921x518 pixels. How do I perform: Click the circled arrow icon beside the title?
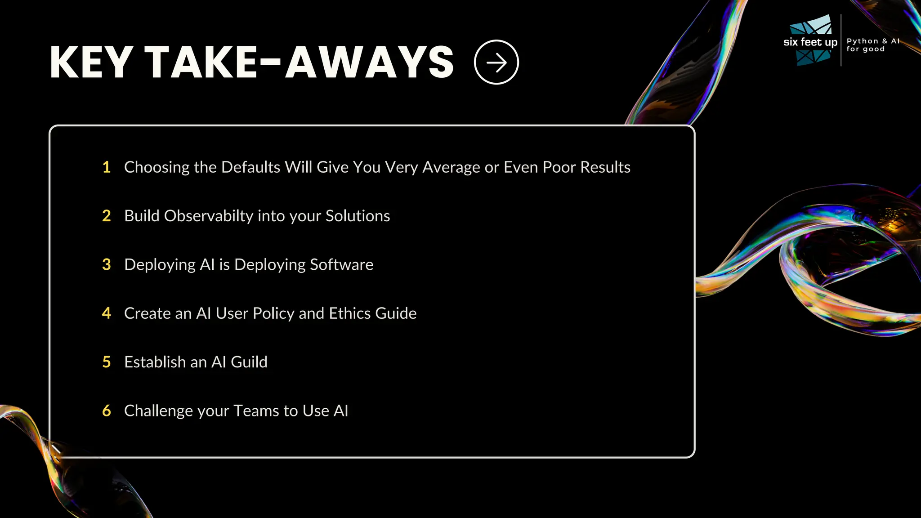click(496, 62)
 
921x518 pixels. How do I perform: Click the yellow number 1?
click(107, 167)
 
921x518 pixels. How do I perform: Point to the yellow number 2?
click(107, 216)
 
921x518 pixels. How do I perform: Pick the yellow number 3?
click(107, 264)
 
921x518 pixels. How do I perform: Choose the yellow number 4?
click(107, 313)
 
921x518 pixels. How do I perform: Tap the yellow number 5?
click(107, 362)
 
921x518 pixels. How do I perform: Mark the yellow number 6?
click(107, 411)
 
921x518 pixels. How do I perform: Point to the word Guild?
click(249, 362)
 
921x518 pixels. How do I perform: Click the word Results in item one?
click(605, 167)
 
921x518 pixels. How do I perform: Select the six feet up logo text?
click(810, 42)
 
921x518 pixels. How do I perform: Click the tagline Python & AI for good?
click(872, 45)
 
